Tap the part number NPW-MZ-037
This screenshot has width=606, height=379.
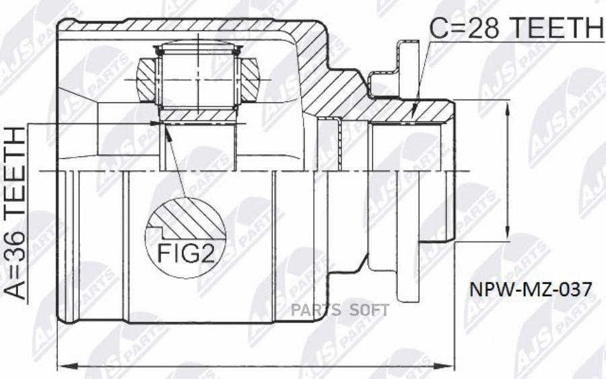(x=531, y=289)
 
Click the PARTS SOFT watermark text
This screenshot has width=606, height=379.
(x=340, y=310)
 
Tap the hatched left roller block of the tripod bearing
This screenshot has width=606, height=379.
(x=147, y=80)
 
